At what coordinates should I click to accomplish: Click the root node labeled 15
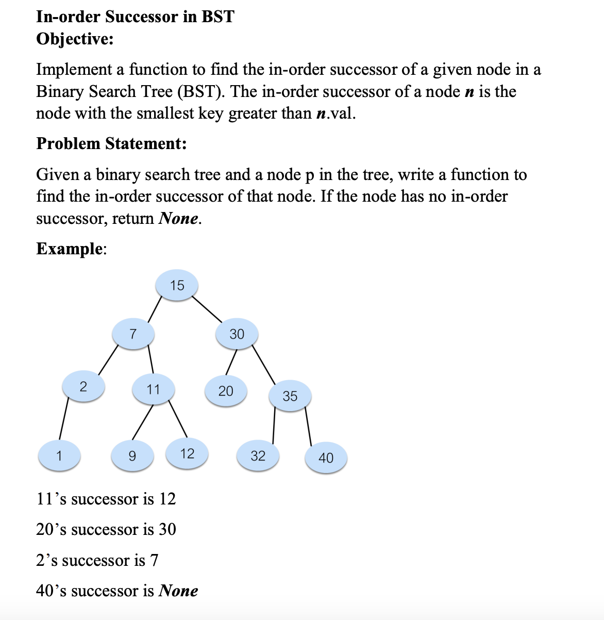[x=177, y=285]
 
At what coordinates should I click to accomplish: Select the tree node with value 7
[x=133, y=334]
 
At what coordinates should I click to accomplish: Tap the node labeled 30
[x=237, y=334]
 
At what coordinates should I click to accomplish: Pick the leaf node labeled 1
[x=59, y=456]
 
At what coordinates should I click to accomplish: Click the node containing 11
[x=153, y=389]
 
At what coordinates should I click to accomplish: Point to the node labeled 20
[x=226, y=391]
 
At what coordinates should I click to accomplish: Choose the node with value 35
[x=290, y=396]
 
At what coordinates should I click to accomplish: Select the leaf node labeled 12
[x=187, y=454]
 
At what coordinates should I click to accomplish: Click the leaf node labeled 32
[x=258, y=456]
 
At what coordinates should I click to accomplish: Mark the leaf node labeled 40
[x=326, y=458]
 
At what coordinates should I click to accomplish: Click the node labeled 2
[x=83, y=386]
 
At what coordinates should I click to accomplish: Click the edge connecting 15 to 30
[x=207, y=309]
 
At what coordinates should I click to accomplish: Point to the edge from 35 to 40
[x=309, y=426]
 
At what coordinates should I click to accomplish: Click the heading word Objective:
[x=75, y=39]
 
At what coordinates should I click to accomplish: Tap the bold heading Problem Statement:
[x=111, y=143]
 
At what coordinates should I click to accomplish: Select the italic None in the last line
[x=178, y=591]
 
